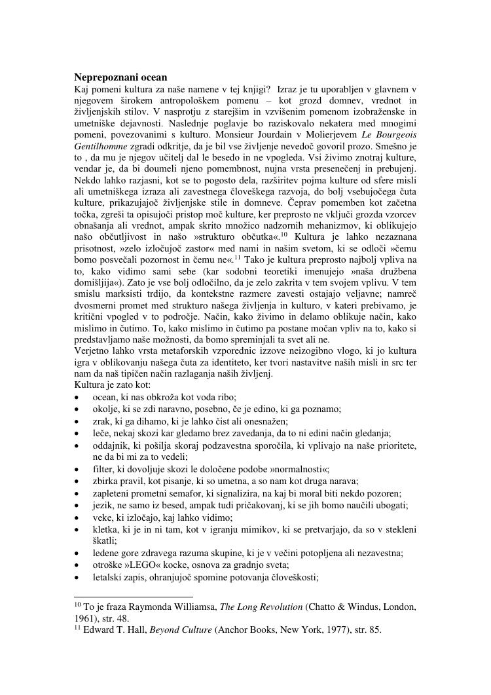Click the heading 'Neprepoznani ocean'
(120, 77)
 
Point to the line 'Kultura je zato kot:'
(113, 385)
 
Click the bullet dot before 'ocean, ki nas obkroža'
(77, 398)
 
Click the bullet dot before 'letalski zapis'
(77, 578)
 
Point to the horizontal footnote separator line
(124, 597)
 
